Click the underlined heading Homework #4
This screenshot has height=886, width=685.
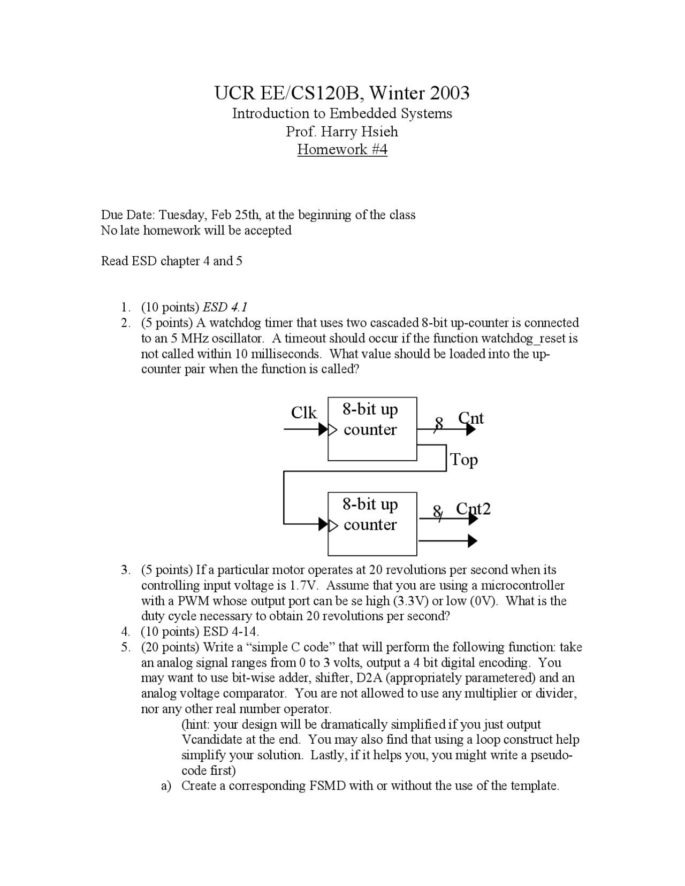coord(342,149)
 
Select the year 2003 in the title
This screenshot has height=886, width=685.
coord(449,93)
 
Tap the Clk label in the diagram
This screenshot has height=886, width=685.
coord(304,413)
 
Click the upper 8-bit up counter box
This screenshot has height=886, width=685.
coord(372,429)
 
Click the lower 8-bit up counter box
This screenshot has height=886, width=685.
coord(372,524)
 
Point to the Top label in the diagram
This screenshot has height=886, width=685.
coord(464,460)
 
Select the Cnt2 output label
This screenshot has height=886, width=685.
coord(473,508)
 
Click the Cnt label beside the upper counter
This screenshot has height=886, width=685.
coord(471,418)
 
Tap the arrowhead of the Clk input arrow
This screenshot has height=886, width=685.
coord(323,430)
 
